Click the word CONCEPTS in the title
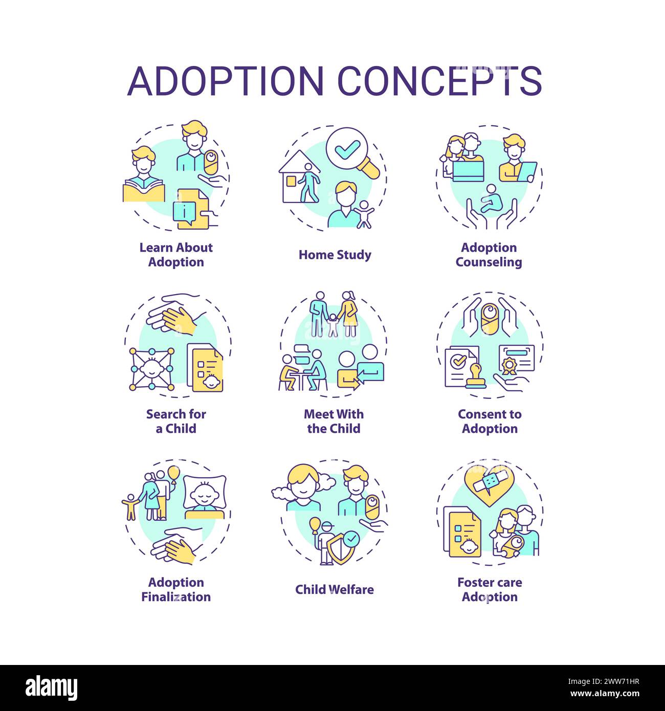440,80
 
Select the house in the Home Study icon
299,181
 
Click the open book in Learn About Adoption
143,190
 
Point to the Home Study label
335,255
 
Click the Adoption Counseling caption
489,255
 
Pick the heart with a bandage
490,484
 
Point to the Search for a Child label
176,421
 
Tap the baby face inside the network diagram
151,369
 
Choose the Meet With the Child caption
334,421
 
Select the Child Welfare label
335,589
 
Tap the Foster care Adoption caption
490,589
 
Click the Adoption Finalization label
176,589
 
